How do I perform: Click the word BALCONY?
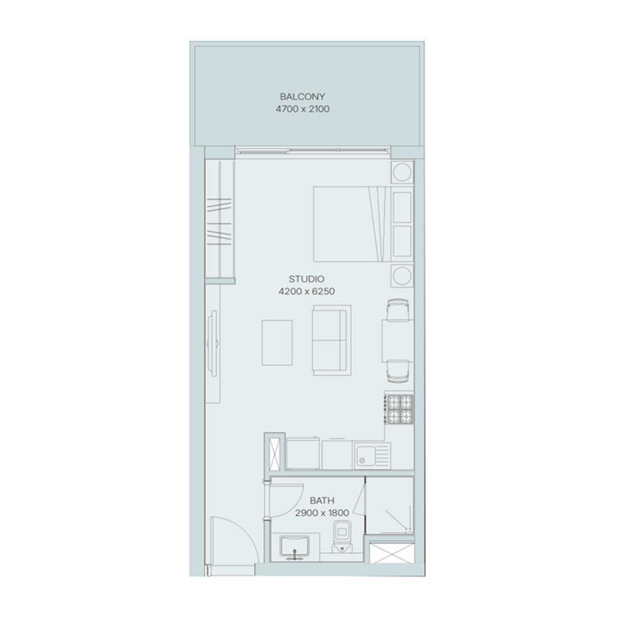click(302, 96)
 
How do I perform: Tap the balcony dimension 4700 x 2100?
click(302, 109)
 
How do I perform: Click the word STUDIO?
click(306, 279)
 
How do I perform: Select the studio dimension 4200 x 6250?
click(306, 292)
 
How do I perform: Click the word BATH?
click(322, 500)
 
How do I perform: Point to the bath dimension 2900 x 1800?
click(322, 513)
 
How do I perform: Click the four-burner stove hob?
click(399, 409)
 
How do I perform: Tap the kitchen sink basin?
click(366, 456)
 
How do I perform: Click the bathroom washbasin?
click(294, 547)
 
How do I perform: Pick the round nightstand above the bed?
click(402, 172)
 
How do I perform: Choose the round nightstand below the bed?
click(402, 275)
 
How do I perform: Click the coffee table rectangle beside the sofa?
click(277, 342)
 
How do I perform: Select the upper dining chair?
click(398, 310)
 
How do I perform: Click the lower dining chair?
click(398, 371)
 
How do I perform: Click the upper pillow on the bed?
click(402, 206)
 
